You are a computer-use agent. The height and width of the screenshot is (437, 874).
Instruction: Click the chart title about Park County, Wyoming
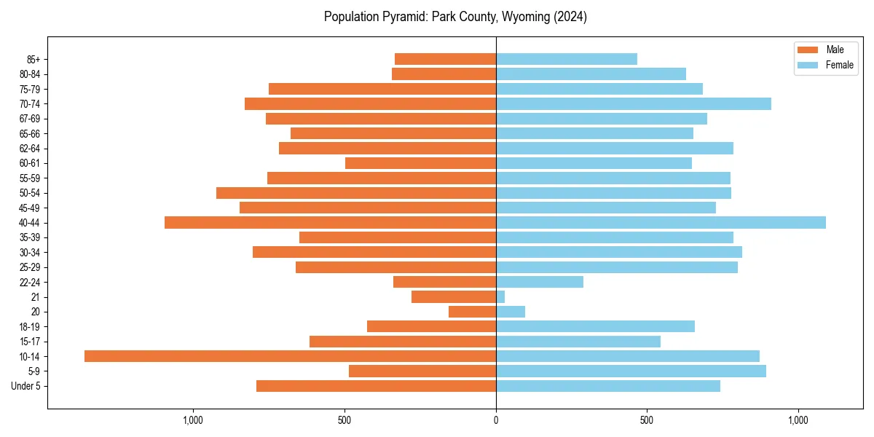455,17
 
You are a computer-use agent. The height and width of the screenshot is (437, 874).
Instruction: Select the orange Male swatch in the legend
808,50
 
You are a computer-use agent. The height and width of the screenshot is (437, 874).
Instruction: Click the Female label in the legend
839,65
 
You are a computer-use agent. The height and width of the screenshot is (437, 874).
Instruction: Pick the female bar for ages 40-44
661,222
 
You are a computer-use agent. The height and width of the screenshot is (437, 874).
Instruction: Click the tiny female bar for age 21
500,296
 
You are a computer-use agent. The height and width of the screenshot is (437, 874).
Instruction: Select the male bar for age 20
472,312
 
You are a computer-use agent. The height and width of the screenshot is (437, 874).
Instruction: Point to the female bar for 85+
566,59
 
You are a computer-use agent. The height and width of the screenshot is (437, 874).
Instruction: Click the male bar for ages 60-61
420,163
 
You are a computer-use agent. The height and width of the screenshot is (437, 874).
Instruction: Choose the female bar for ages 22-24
539,282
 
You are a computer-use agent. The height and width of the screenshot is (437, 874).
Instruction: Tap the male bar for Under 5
376,386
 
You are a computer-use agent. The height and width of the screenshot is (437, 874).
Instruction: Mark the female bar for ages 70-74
633,103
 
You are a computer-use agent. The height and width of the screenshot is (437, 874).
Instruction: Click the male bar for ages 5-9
422,371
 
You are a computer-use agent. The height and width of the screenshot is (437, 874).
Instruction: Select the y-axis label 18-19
29,326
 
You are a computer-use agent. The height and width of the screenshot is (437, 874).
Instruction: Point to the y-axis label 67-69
29,119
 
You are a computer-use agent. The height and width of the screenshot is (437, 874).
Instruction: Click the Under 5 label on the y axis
25,386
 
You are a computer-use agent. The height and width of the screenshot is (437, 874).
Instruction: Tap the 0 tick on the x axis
496,420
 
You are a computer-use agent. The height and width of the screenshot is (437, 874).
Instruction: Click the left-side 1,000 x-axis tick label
193,420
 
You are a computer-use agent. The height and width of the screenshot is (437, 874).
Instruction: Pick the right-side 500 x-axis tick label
647,420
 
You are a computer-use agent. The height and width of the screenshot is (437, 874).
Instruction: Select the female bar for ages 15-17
578,341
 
